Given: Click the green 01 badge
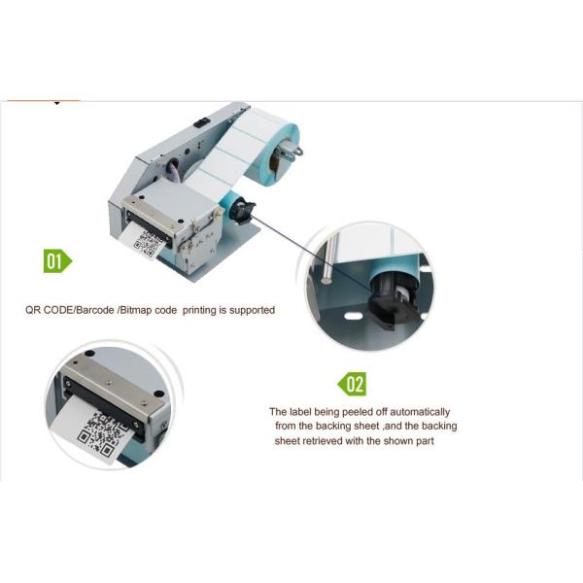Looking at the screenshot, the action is tap(57, 260).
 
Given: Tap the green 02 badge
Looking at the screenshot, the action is tap(353, 384).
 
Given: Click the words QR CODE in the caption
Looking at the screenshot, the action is tap(50, 310).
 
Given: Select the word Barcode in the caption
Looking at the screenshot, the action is tap(94, 310).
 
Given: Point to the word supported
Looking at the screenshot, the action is tap(252, 310).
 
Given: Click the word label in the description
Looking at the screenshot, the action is tap(300, 412).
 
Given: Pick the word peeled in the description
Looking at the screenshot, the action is tap(358, 412).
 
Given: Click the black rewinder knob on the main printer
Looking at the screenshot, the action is tap(242, 211).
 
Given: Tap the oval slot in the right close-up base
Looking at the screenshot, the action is tap(353, 316).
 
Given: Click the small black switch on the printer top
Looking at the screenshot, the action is tap(202, 122).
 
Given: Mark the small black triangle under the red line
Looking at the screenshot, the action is tap(57, 103).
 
